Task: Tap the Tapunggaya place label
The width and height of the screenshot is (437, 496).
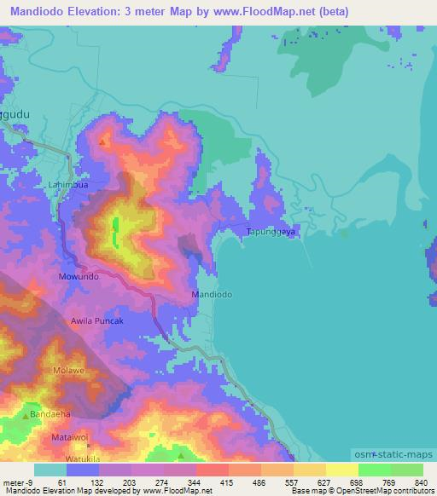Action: [271, 231]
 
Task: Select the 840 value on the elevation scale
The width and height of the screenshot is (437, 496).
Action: [421, 482]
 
